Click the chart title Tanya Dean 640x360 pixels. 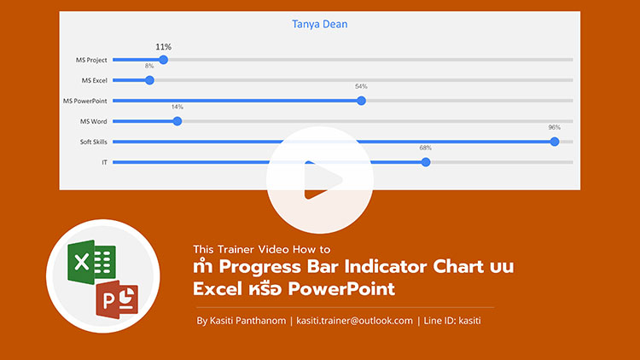pos(320,24)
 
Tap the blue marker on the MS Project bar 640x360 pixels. pos(163,60)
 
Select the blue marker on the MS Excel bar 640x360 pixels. pos(149,80)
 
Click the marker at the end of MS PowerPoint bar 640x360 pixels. pos(361,101)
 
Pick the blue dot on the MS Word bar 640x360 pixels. pos(177,121)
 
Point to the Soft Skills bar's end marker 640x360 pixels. pos(555,142)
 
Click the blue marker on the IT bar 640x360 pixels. pos(426,162)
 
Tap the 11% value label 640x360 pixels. pos(163,47)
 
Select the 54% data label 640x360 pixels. pos(361,86)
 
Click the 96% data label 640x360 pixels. pos(555,127)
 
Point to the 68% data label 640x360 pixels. pos(425,148)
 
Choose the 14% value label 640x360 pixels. pos(177,107)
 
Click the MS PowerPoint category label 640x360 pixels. pos(84,101)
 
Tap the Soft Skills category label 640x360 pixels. pos(94,142)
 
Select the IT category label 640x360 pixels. pos(104,162)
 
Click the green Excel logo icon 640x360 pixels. pos(91,262)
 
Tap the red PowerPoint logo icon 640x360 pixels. pos(117,299)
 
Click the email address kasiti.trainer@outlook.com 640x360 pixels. pos(354,321)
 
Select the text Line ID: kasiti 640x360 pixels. pos(452,321)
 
